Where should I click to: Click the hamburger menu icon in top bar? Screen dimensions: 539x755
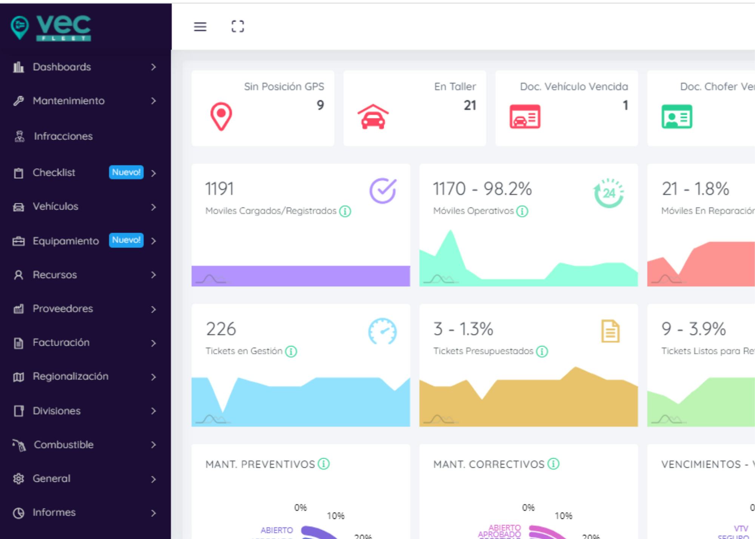tap(200, 27)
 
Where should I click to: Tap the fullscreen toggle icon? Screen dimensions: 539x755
tap(237, 26)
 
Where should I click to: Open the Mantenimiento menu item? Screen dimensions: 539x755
tap(69, 101)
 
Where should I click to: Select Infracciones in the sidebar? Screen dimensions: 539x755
tap(63, 136)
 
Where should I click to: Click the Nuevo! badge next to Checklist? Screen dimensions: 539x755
tap(126, 172)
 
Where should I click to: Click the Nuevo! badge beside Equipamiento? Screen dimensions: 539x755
tap(126, 240)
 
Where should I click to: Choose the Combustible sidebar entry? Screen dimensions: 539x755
tap(63, 445)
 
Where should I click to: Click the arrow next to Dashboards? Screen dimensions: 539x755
tap(153, 67)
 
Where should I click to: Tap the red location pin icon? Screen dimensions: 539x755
tap(221, 116)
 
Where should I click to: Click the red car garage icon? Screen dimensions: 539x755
tap(373, 117)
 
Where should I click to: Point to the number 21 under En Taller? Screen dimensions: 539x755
tap(470, 105)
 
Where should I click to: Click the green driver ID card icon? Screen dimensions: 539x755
tap(676, 117)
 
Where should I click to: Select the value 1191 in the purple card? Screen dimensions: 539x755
tap(219, 189)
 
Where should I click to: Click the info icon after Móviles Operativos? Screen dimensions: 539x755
tap(522, 211)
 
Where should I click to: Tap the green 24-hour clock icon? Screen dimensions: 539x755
tap(609, 193)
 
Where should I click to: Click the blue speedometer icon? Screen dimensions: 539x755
tap(382, 331)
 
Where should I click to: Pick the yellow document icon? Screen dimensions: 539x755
tap(610, 331)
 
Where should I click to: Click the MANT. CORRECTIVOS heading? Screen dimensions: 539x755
tap(489, 464)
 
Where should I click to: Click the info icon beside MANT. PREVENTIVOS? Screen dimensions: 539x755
tap(324, 464)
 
